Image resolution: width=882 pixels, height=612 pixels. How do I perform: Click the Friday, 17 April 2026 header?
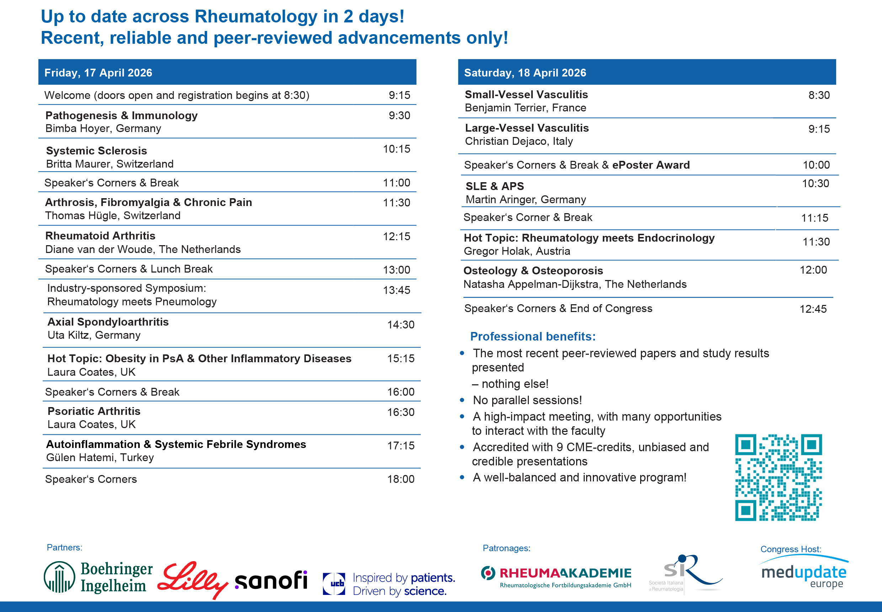(98, 73)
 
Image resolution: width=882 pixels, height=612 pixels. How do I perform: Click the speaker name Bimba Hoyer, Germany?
(103, 128)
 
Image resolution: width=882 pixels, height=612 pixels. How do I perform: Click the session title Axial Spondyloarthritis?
(108, 322)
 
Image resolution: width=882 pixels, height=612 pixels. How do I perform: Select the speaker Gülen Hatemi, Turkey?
(100, 458)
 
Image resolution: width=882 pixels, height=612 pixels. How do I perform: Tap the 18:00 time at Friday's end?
(400, 479)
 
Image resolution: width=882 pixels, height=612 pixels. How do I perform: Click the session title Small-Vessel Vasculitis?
(526, 94)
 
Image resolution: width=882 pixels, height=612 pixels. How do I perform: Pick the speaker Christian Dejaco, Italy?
(519, 141)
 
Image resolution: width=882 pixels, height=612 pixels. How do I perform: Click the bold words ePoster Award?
(651, 165)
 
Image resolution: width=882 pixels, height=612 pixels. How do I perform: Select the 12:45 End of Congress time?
(813, 309)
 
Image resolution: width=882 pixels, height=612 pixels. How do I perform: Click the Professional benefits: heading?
(533, 336)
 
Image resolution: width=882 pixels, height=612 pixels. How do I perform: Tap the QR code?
(778, 478)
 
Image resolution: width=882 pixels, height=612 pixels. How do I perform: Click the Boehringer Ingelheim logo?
(99, 577)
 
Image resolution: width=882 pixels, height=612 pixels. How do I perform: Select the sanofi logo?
(271, 580)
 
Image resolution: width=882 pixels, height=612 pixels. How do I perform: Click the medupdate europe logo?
(804, 573)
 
